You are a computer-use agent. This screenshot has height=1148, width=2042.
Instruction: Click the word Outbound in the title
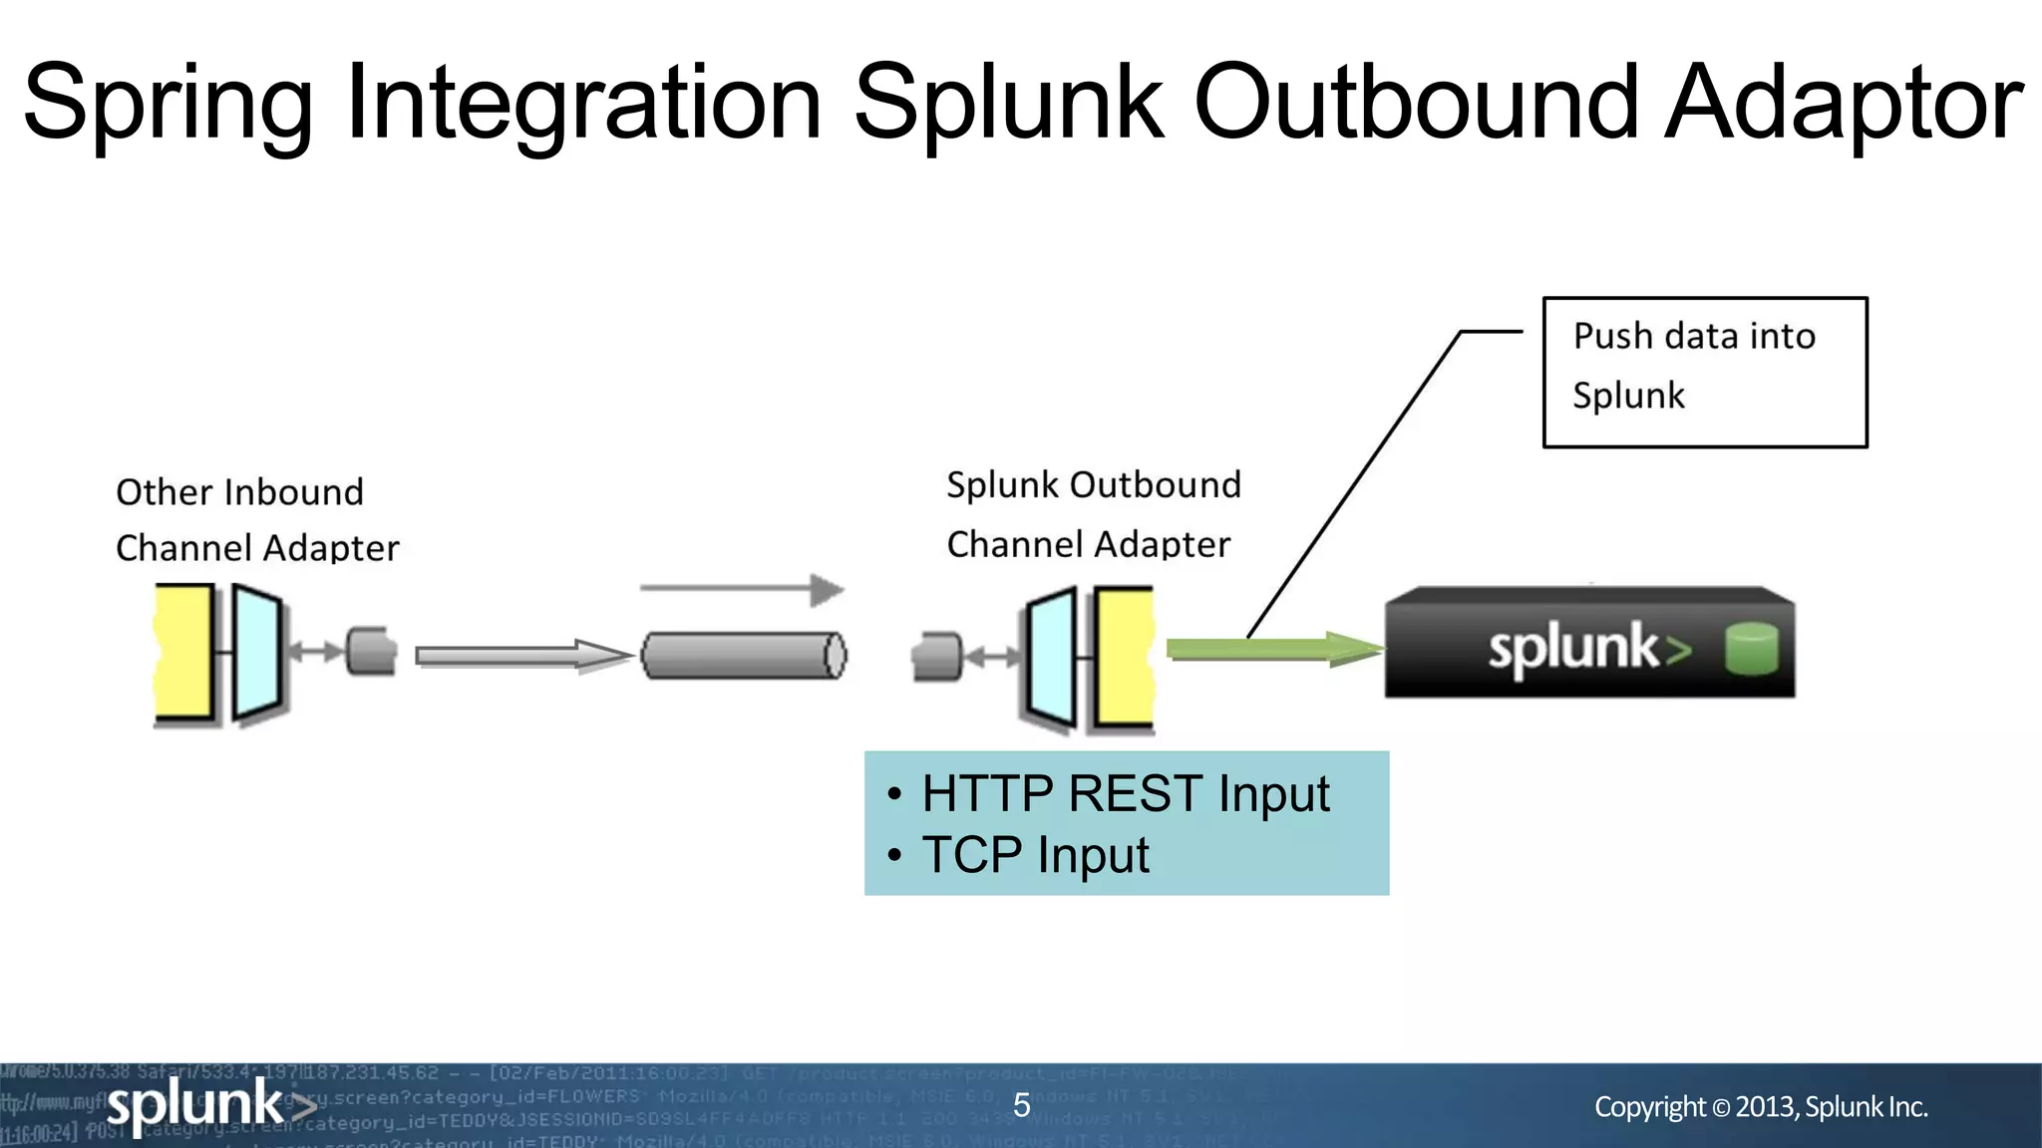click(1416, 103)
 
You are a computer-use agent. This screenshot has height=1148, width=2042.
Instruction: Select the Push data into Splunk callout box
click(1704, 372)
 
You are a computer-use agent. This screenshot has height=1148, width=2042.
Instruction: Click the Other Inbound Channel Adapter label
click(257, 519)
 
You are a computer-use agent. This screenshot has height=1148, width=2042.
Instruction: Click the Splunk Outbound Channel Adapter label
click(1093, 514)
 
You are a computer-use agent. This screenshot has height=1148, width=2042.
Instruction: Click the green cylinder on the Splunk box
click(1751, 649)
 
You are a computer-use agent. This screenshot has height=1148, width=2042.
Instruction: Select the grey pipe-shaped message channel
click(744, 655)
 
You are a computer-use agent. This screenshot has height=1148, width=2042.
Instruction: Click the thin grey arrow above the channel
click(742, 589)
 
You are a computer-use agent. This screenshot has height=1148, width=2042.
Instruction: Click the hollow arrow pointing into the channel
click(522, 655)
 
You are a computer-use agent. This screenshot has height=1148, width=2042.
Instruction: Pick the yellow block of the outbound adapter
click(1125, 658)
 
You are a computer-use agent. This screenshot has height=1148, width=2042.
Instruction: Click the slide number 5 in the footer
click(1021, 1105)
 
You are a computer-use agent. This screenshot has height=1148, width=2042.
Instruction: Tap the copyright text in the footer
click(1761, 1106)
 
